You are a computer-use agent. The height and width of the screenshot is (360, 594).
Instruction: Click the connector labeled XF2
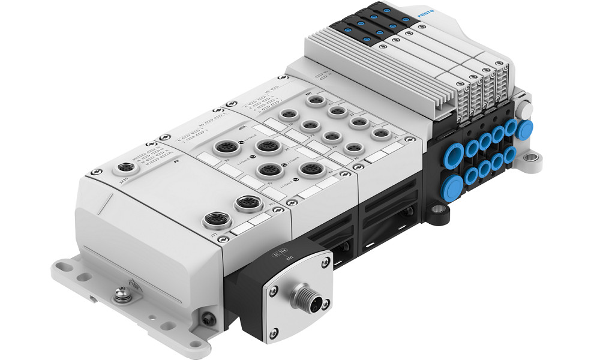[244, 204]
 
